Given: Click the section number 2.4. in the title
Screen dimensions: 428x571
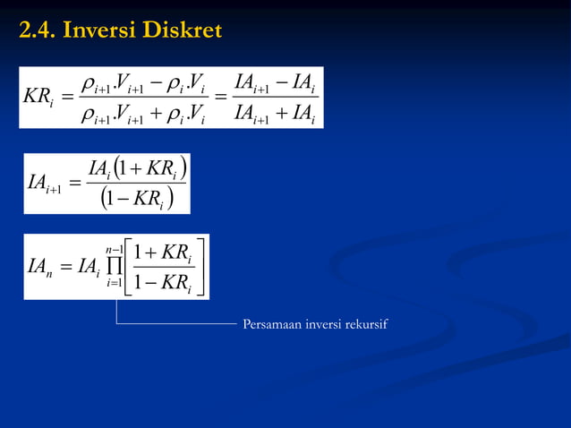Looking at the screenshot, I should [x=37, y=31].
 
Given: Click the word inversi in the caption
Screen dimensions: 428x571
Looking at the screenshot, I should [x=323, y=323].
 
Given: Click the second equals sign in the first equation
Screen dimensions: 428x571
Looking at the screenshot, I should [x=220, y=98].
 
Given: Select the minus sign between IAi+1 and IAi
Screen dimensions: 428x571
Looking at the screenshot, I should [x=283, y=83].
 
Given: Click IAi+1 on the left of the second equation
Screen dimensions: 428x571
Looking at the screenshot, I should [x=44, y=184].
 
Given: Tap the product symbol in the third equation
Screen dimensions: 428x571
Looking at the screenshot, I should [x=112, y=266].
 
